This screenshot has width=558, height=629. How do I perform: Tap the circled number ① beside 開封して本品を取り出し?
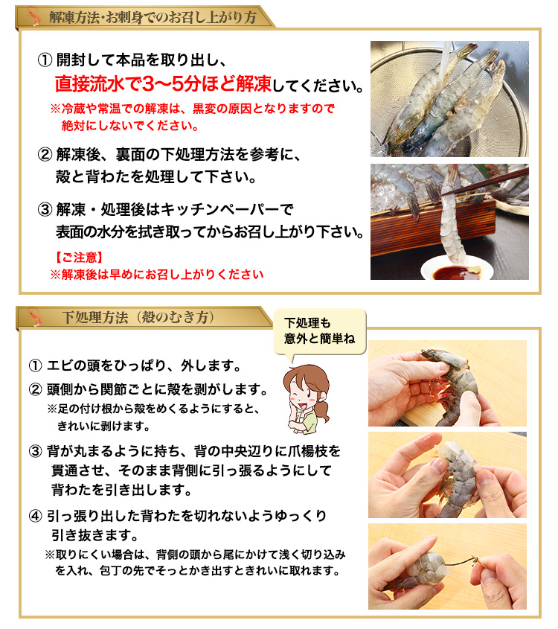click(x=45, y=60)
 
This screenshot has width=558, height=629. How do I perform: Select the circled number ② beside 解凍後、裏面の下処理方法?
click(x=45, y=155)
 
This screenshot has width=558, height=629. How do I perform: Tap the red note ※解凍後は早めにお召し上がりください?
click(x=156, y=274)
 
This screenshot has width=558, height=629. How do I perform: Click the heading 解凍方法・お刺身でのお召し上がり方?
click(x=153, y=17)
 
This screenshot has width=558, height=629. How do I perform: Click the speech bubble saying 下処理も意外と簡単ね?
click(x=319, y=331)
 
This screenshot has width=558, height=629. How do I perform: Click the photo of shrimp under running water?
click(x=449, y=98)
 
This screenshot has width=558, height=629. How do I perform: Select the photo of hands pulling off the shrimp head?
click(x=447, y=383)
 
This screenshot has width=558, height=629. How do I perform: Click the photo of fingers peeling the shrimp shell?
click(x=447, y=474)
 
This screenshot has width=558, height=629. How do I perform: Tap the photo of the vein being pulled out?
click(x=447, y=566)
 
